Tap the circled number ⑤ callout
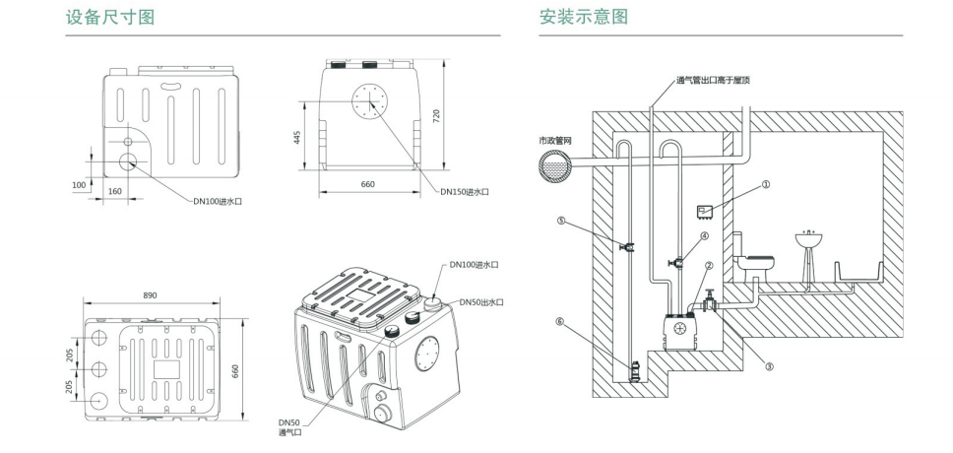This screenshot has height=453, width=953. [x=561, y=222]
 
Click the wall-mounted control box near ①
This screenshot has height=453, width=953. [x=704, y=210]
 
